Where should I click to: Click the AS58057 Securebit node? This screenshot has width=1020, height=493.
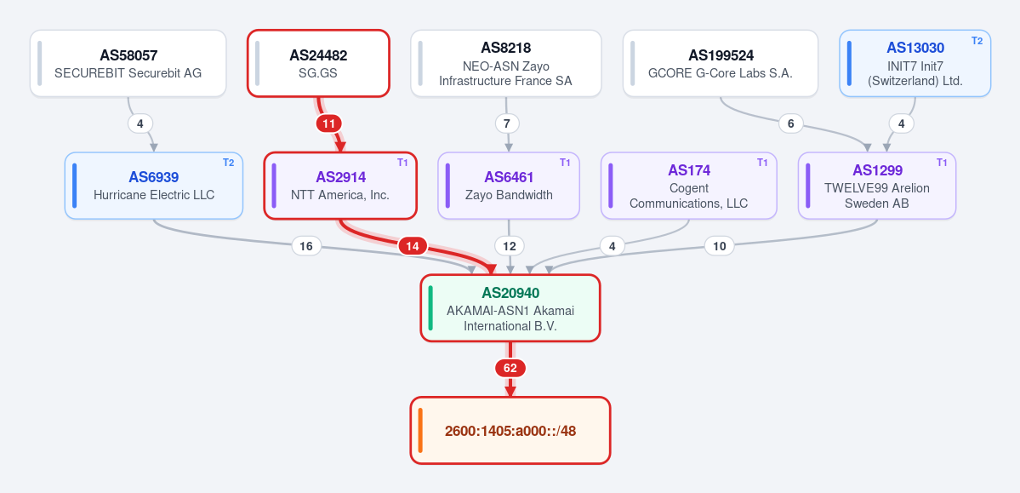[128, 63]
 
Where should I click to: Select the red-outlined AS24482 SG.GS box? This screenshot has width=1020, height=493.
[318, 63]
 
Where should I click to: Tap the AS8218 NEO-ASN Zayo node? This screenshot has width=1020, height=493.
[505, 63]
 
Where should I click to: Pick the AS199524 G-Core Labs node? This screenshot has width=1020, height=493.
[720, 63]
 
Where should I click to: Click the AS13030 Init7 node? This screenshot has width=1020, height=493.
[915, 63]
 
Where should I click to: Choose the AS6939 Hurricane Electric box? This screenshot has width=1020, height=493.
[153, 186]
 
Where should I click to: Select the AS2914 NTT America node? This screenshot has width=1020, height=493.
[340, 186]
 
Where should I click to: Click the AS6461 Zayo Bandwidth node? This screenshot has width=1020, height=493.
[509, 186]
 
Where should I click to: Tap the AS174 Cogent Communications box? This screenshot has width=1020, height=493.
[689, 186]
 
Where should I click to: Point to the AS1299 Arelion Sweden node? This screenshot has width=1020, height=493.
[877, 186]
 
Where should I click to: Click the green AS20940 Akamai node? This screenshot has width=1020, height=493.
[510, 308]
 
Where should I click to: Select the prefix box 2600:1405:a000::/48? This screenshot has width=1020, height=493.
[510, 431]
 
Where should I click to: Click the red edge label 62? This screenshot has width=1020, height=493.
[510, 369]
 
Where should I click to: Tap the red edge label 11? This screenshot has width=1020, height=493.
[329, 123]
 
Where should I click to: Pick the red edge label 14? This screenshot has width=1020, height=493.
[413, 246]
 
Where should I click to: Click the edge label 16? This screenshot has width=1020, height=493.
[306, 246]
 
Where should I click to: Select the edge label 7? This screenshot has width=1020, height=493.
[507, 123]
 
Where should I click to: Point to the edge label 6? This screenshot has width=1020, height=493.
[791, 123]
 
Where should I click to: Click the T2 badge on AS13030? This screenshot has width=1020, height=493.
[977, 40]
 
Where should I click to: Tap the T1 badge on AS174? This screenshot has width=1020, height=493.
[762, 162]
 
